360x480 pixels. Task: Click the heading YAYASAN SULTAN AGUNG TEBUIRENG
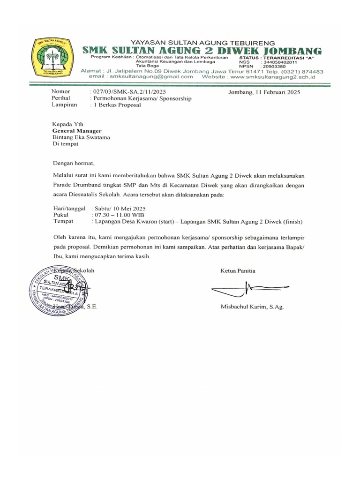202,42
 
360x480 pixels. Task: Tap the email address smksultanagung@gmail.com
150,76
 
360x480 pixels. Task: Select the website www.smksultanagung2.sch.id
278,76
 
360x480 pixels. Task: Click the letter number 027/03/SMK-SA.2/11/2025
127,92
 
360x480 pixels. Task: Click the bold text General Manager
77,131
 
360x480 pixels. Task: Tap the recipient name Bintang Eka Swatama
81,138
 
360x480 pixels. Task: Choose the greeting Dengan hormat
73,164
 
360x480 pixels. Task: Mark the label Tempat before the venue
64,221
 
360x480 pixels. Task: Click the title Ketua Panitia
238,271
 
